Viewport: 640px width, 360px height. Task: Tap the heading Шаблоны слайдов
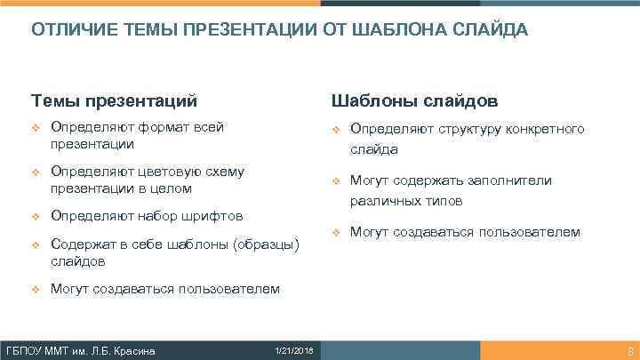tap(414, 99)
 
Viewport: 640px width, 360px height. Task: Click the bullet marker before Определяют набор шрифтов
tap(36, 216)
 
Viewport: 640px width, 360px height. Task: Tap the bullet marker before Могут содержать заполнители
tap(335, 181)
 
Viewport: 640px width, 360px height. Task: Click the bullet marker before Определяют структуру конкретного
tap(335, 131)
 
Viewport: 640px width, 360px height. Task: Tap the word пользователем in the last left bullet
tap(228, 289)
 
